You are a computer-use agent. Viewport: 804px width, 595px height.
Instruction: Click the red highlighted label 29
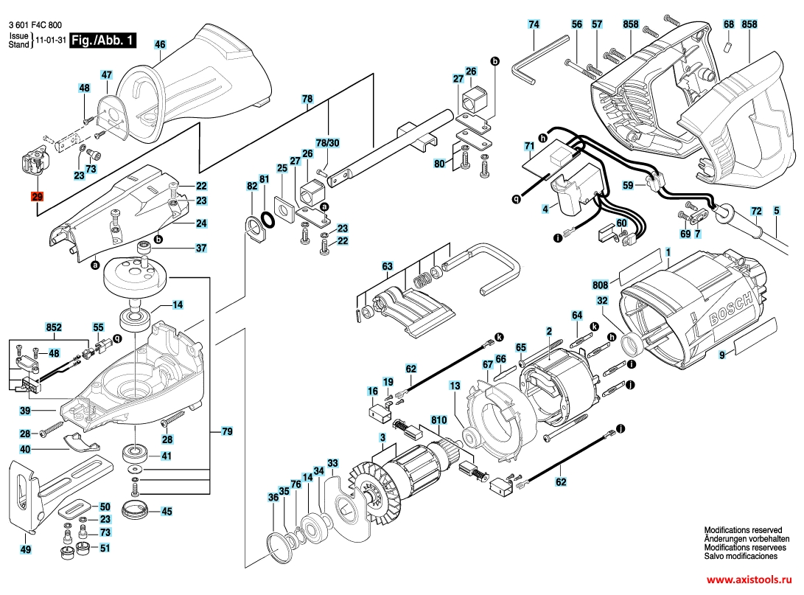pyautogui.click(x=37, y=196)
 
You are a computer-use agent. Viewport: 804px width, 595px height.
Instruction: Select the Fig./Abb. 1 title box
pyautogui.click(x=103, y=40)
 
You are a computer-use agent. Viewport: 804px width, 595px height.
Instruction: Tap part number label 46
pyautogui.click(x=160, y=45)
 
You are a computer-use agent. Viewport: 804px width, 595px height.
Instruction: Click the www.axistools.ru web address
pyautogui.click(x=749, y=580)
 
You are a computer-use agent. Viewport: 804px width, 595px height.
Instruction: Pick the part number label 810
pyautogui.click(x=438, y=420)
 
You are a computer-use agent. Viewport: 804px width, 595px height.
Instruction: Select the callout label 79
pyautogui.click(x=227, y=431)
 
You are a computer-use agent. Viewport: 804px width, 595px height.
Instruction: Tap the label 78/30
pyautogui.click(x=327, y=143)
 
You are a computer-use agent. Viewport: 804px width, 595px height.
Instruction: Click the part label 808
pyautogui.click(x=600, y=285)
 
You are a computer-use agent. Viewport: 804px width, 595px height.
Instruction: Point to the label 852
pyautogui.click(x=54, y=327)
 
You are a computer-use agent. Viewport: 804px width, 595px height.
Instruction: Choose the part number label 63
pyautogui.click(x=387, y=266)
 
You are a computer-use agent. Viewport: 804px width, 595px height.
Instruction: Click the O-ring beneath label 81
pyautogui.click(x=268, y=220)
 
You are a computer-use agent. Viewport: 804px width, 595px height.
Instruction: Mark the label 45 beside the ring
pyautogui.click(x=167, y=512)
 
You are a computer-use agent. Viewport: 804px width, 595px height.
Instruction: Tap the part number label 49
pyautogui.click(x=25, y=549)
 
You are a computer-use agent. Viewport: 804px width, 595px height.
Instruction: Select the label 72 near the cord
pyautogui.click(x=756, y=211)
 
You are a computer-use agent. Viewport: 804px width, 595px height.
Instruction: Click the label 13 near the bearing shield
pyautogui.click(x=454, y=386)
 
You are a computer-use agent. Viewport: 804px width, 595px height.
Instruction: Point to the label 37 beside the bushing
pyautogui.click(x=201, y=248)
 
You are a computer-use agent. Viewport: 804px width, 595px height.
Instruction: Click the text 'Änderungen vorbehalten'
pyautogui.click(x=747, y=539)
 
